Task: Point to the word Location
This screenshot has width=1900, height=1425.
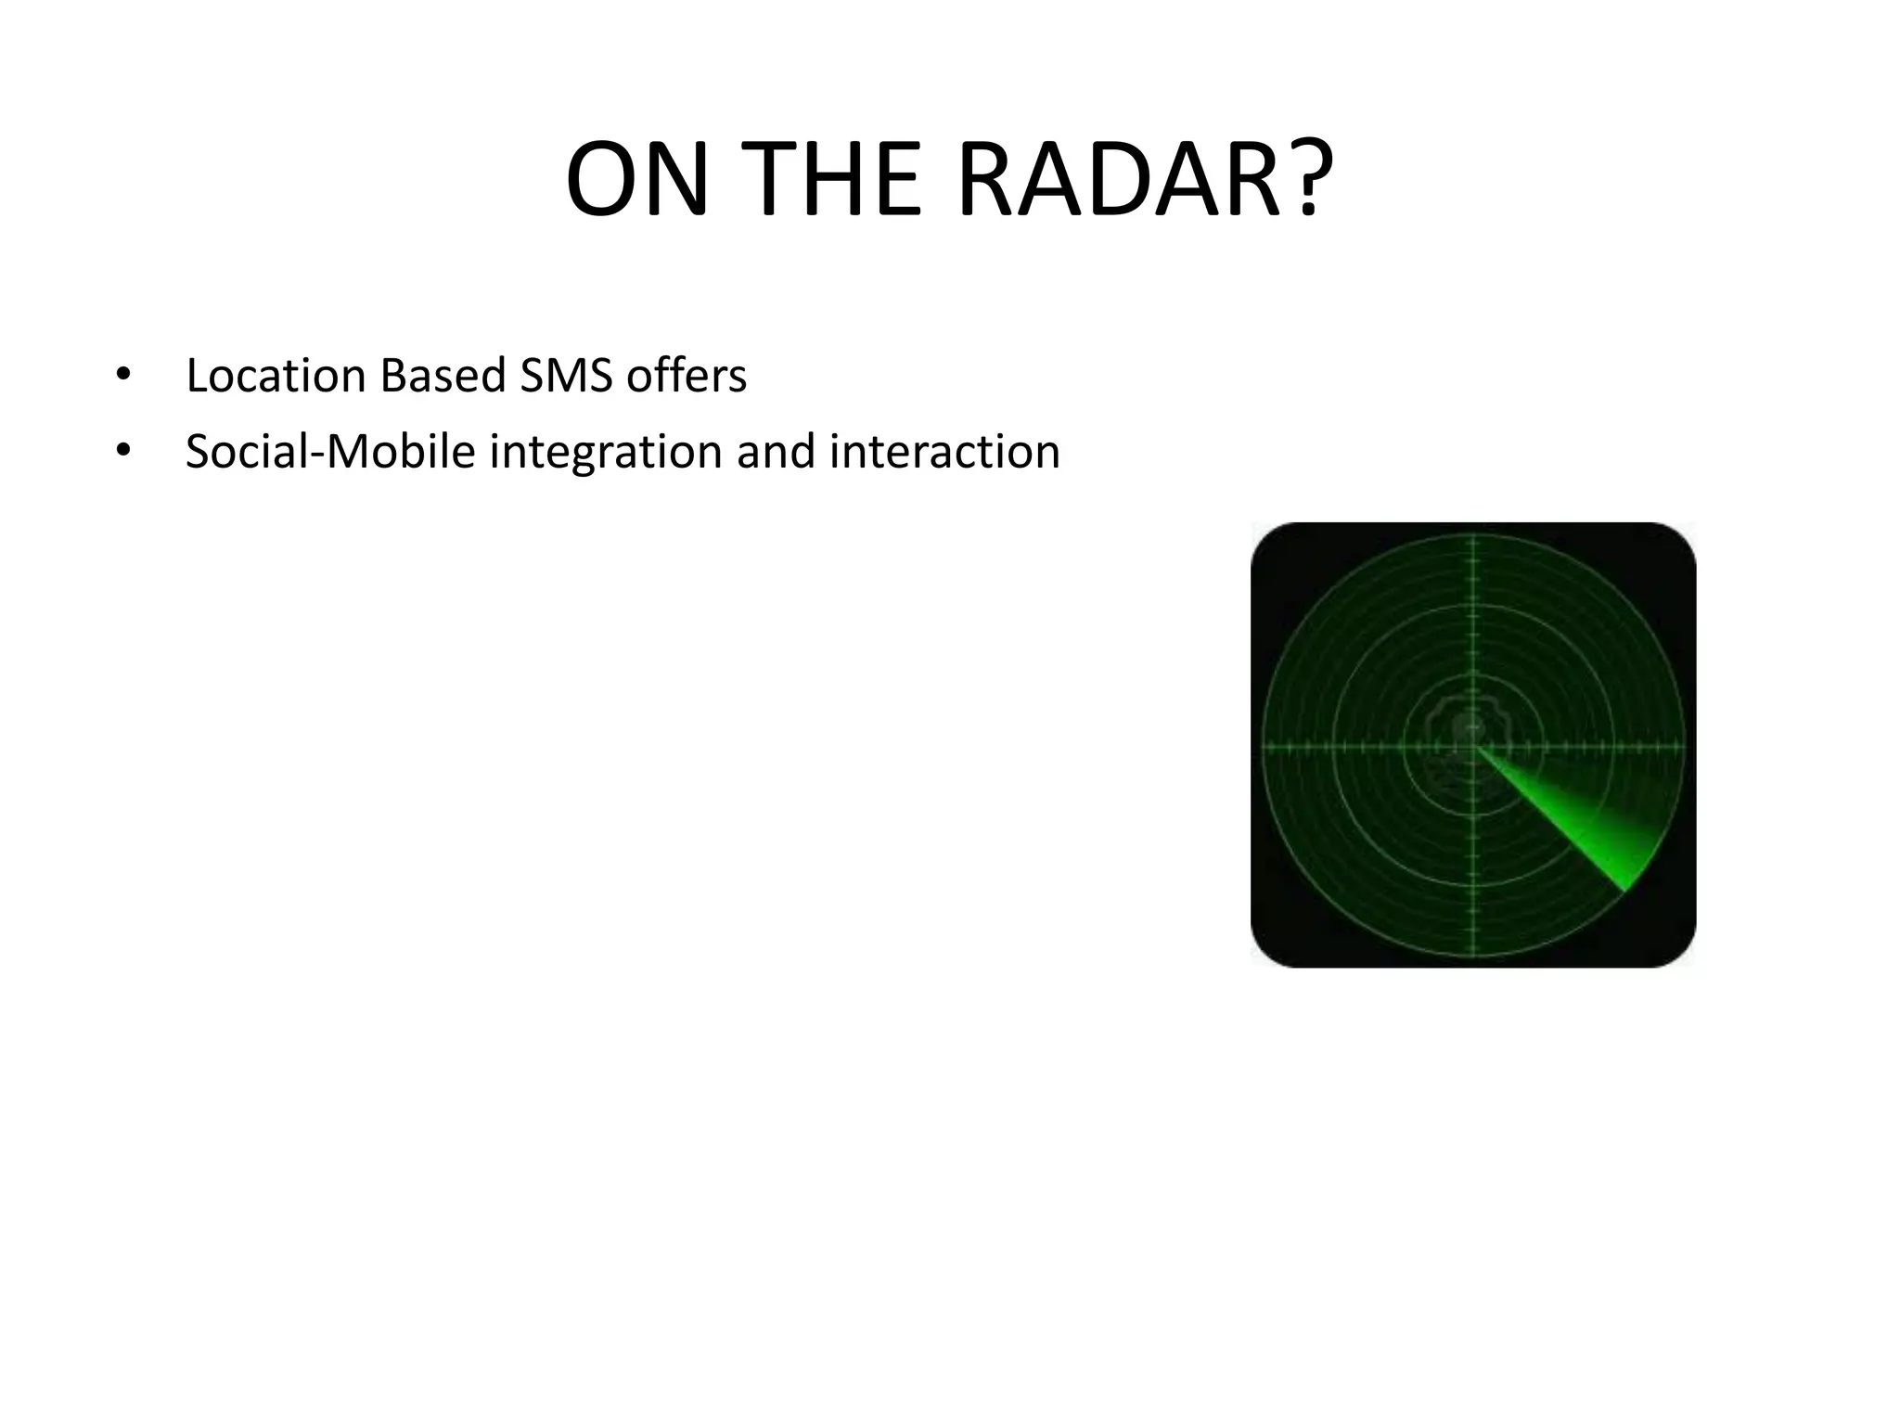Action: pyautogui.click(x=275, y=376)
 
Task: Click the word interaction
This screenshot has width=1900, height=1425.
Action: pyautogui.click(x=944, y=452)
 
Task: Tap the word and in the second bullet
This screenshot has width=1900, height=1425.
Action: pyautogui.click(x=776, y=452)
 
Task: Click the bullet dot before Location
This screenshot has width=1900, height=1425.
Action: pyautogui.click(x=122, y=376)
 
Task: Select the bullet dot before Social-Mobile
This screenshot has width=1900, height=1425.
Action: pyautogui.click(x=122, y=452)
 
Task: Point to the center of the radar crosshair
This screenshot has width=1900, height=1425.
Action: pyautogui.click(x=1473, y=745)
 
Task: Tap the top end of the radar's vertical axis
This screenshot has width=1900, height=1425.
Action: pyautogui.click(x=1473, y=538)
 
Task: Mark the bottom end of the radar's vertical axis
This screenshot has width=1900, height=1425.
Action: pyautogui.click(x=1473, y=954)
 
